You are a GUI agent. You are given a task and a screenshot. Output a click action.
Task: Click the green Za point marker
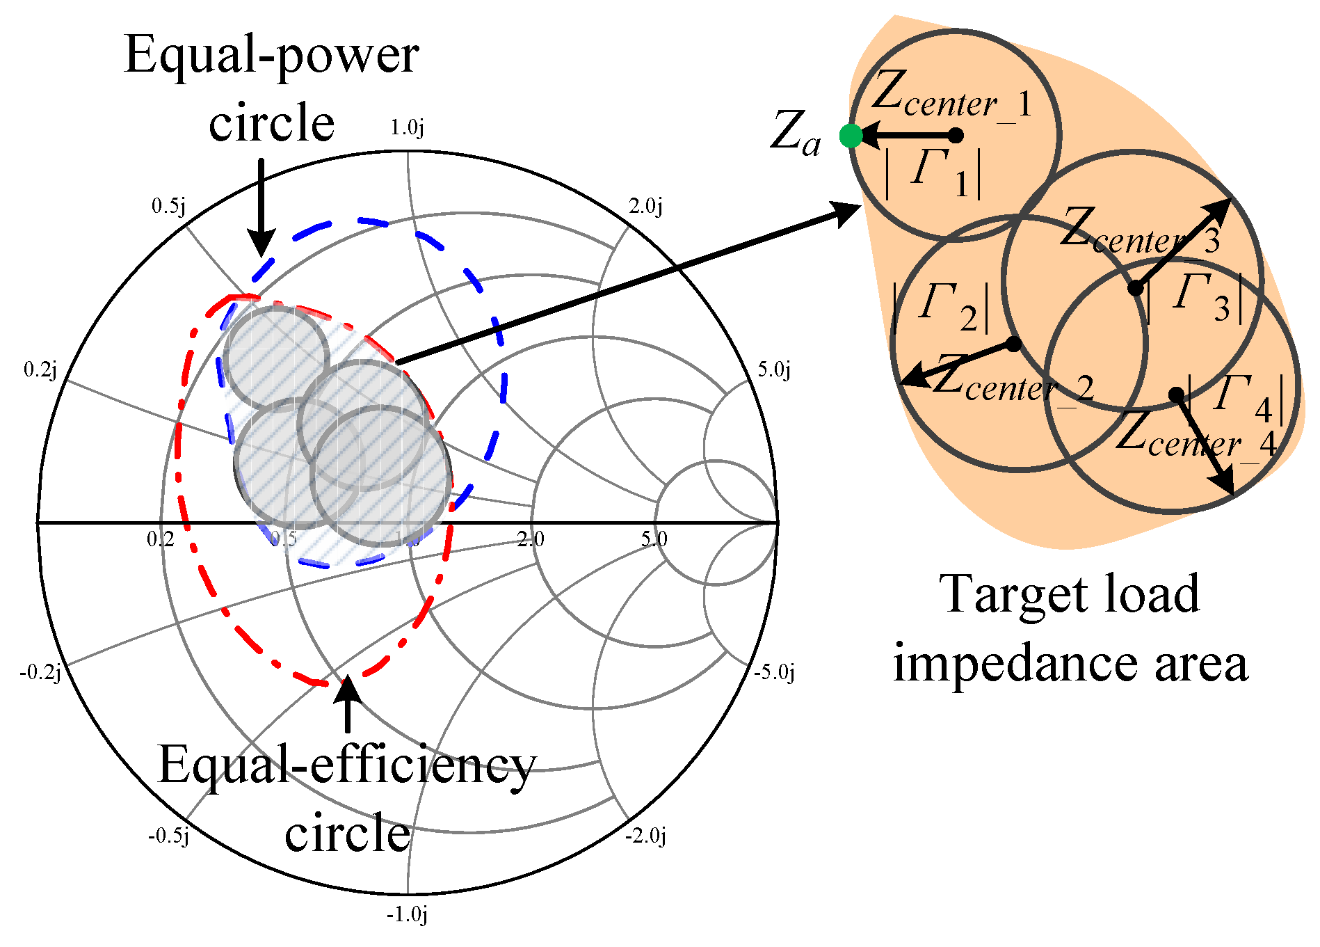coord(851,136)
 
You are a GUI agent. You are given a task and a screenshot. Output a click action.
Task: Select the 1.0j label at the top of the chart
coord(407,128)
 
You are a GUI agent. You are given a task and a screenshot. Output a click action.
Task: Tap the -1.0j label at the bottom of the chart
coord(407,914)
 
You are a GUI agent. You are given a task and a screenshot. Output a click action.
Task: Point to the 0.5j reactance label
coord(169,206)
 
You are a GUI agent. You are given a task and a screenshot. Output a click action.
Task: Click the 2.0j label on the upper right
coord(645,206)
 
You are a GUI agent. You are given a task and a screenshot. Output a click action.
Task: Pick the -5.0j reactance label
coord(774,672)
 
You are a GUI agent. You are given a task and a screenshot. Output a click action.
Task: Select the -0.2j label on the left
coord(40,672)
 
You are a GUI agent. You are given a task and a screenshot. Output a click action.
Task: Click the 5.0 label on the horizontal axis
coord(654,539)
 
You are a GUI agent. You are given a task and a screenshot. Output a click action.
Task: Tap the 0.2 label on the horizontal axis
coord(160,539)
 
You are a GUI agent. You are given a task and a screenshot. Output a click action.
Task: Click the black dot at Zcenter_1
coord(956,136)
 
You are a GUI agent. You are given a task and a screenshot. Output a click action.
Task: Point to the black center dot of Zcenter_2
coord(1014,344)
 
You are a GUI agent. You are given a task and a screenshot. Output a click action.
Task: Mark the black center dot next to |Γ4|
coord(1176,395)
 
